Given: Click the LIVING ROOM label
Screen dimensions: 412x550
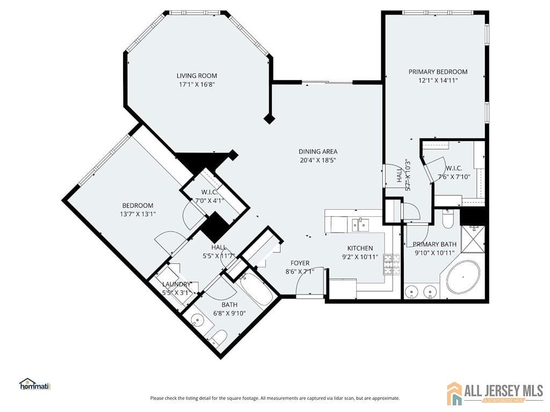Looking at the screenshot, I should click(x=197, y=76).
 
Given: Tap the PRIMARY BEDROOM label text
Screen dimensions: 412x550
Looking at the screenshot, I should click(x=438, y=72).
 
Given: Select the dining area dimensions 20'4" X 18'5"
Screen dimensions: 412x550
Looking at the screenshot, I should click(x=318, y=160).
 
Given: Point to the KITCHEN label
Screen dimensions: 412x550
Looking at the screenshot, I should click(x=360, y=248).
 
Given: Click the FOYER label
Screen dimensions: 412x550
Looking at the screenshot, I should click(x=300, y=263).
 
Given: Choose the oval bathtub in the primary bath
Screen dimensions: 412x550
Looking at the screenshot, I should click(x=463, y=277).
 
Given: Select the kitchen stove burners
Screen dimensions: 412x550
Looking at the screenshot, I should click(x=391, y=263).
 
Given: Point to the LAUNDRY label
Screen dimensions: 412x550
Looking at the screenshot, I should click(x=176, y=284).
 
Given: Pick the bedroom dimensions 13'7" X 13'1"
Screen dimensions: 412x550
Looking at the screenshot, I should click(x=137, y=214).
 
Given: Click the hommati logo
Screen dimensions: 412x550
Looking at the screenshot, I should click(x=34, y=384).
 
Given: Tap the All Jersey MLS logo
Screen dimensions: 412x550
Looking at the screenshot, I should click(x=495, y=393).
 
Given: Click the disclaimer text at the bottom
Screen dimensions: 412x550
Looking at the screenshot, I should click(x=275, y=398).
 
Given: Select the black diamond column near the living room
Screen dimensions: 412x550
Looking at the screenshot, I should click(x=270, y=119).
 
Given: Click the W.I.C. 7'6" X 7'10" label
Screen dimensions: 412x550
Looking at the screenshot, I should click(x=454, y=172).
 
